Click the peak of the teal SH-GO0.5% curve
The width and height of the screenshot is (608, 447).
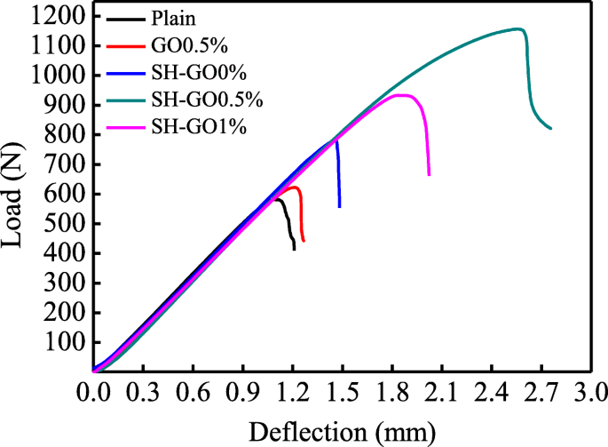pos(518,28)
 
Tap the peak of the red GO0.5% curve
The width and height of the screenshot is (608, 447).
pos(294,188)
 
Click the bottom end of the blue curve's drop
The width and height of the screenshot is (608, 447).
pos(339,206)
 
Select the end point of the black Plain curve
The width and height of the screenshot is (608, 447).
pos(294,250)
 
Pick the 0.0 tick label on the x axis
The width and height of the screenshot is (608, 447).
pos(93,391)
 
